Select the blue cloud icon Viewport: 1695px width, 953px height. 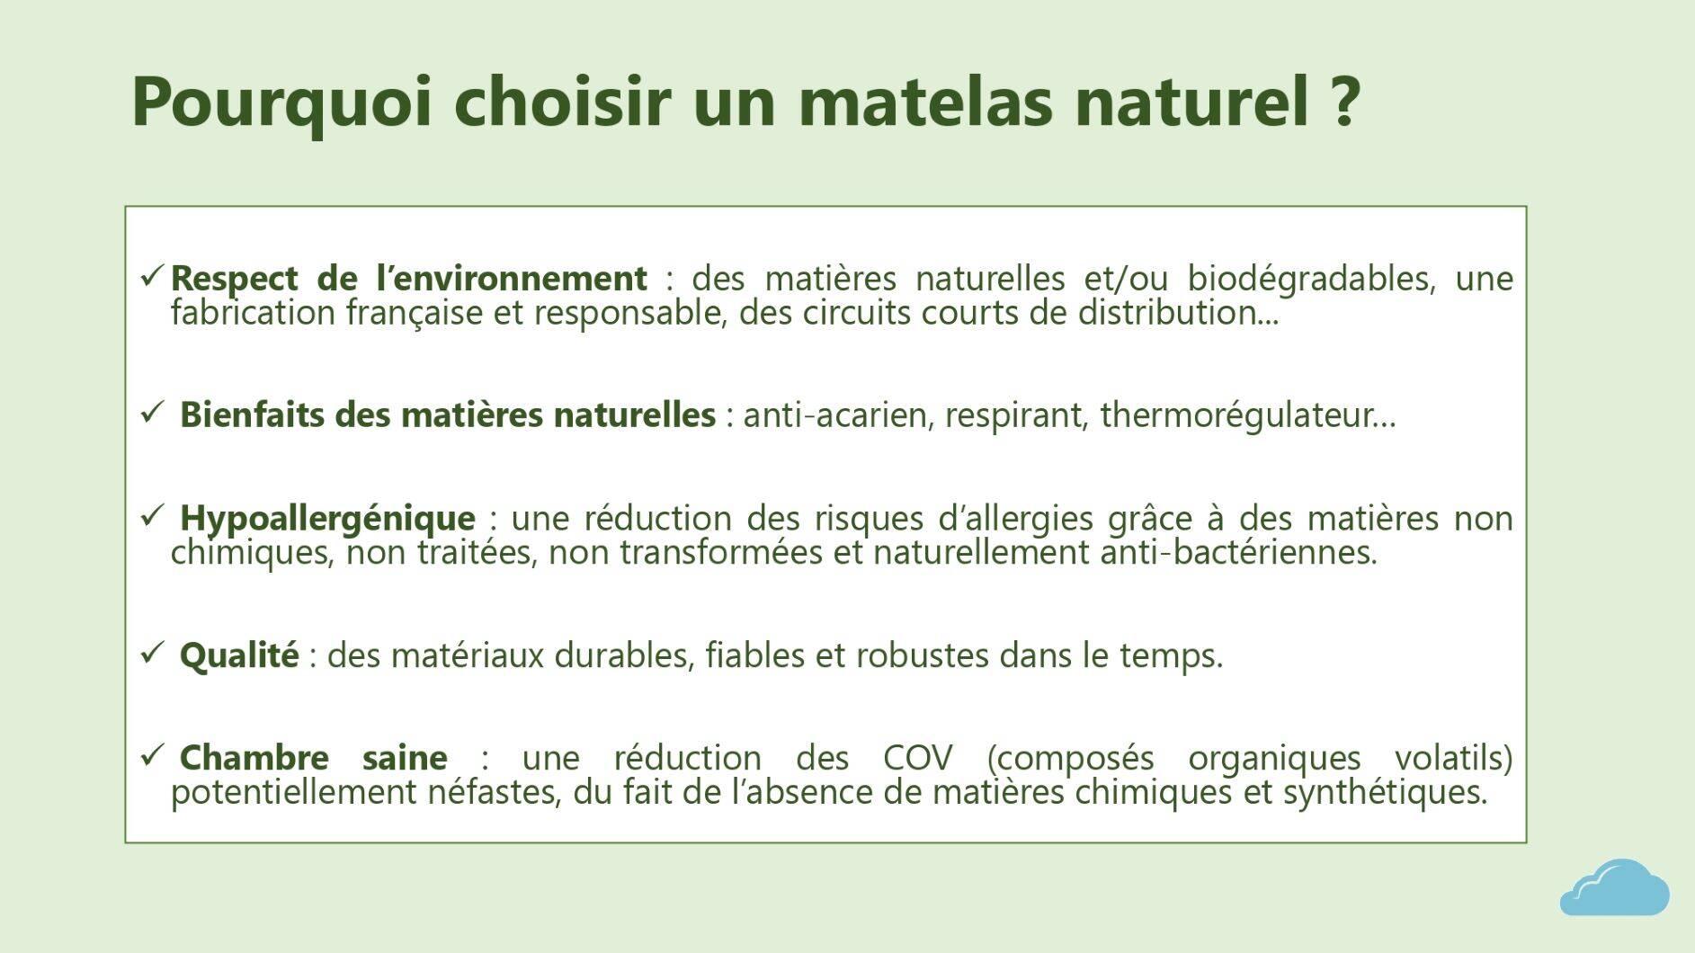point(1614,888)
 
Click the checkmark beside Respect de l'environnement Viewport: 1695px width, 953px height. point(151,275)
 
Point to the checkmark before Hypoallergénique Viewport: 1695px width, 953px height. point(151,515)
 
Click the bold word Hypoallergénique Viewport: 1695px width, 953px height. point(327,519)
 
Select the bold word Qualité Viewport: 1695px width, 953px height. point(239,655)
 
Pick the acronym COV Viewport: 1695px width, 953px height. point(917,758)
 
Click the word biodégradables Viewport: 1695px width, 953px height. point(1309,279)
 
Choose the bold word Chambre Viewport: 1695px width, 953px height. point(254,758)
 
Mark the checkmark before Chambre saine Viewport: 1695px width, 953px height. point(151,754)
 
